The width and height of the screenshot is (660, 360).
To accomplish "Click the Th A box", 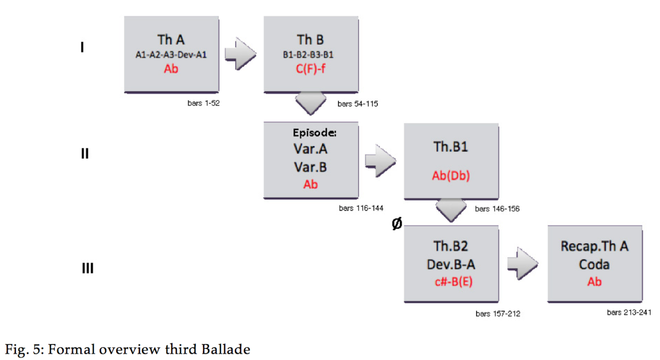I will tap(171, 54).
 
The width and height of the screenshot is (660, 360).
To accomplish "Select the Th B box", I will tap(311, 54).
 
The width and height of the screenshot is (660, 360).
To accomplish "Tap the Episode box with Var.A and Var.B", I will tap(311, 159).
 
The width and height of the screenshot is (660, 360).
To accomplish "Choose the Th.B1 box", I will tap(451, 161).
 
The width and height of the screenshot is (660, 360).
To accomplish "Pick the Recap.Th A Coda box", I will tap(594, 264).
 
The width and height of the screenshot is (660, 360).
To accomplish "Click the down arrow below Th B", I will tap(311, 103).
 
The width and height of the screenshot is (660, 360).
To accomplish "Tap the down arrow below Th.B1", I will tap(451, 209).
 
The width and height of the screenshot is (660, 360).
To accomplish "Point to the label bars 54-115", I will tap(358, 104).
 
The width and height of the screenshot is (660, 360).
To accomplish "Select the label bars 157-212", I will tap(498, 314).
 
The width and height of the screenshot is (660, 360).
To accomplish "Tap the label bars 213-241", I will tap(629, 312).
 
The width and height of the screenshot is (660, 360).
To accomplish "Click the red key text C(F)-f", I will tap(311, 68).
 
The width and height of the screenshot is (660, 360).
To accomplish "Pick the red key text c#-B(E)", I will tap(451, 283).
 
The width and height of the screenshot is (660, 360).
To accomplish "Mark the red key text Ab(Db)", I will tap(451, 176).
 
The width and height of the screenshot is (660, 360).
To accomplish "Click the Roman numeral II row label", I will tap(85, 154).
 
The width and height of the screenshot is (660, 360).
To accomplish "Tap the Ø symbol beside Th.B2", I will tap(397, 225).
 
